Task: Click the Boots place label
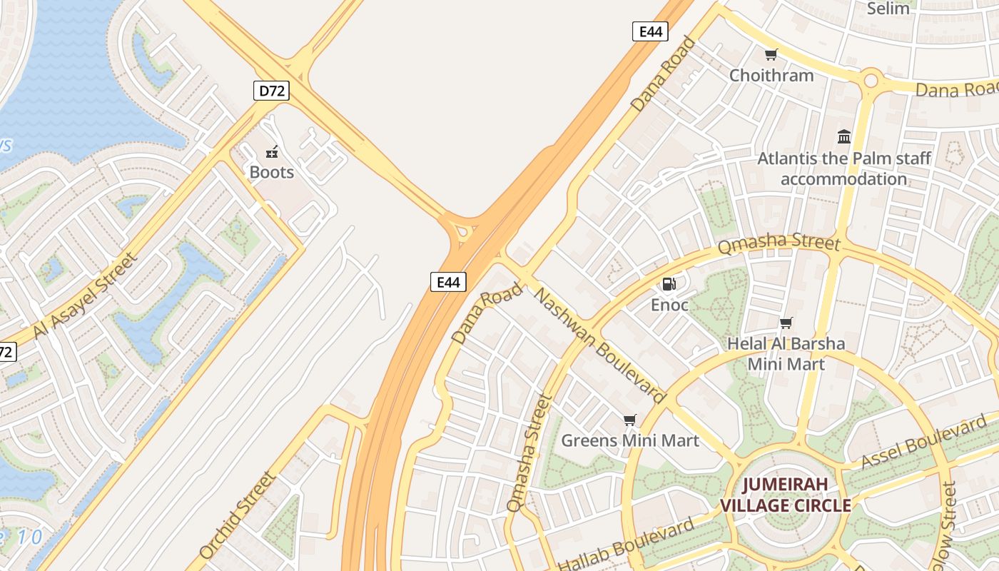pos(271,172)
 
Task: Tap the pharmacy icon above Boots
pos(272,151)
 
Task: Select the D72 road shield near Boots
pos(271,91)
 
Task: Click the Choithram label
pos(771,75)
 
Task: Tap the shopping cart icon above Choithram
pos(771,54)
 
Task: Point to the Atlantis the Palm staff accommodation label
pos(843,168)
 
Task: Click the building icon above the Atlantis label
pos(844,136)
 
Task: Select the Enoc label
pos(669,305)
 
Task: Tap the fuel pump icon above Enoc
pos(669,284)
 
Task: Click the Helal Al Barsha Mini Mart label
pos(786,354)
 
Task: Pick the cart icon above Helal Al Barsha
pos(786,323)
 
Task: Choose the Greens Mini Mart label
pos(630,440)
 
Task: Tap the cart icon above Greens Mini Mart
pos(629,420)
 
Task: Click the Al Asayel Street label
pos(83,296)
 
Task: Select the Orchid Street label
pos(237,515)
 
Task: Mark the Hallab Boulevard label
pos(626,545)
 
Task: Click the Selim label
pos(888,9)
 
